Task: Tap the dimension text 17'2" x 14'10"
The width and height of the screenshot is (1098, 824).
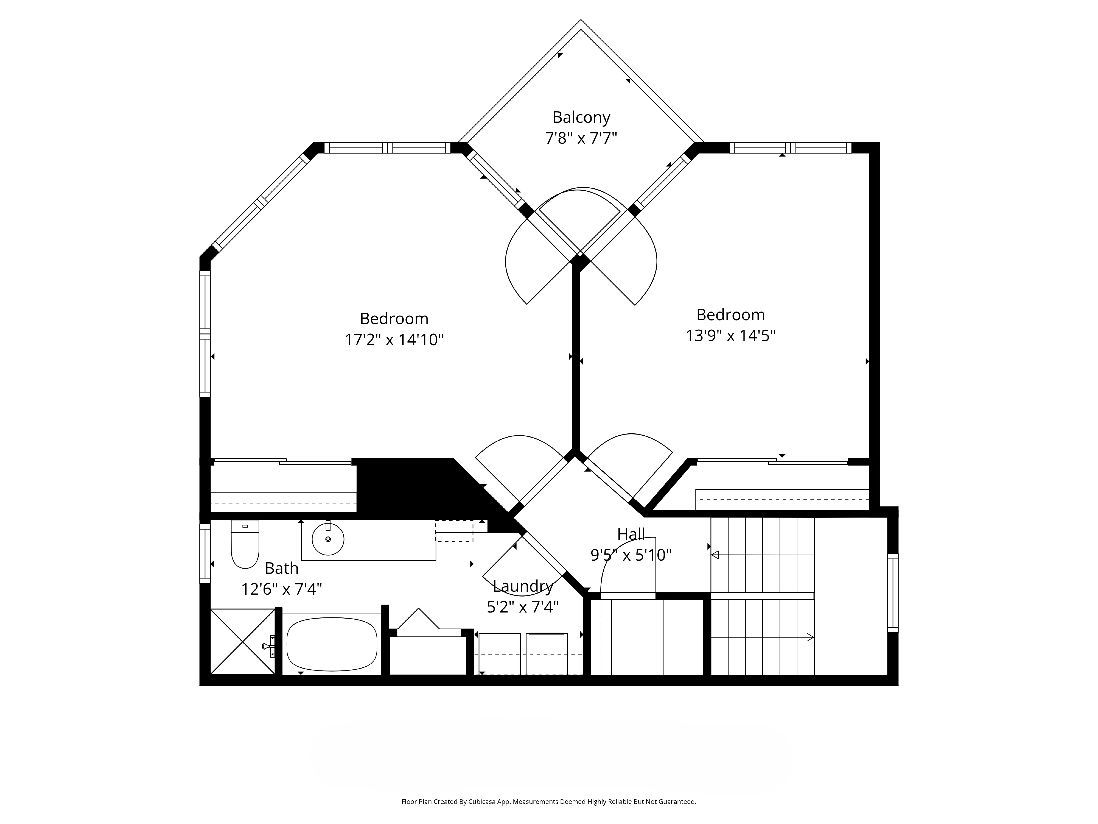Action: tap(394, 340)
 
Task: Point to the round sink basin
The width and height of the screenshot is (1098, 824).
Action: tap(328, 539)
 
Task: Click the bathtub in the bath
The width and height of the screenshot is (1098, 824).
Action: tap(332, 644)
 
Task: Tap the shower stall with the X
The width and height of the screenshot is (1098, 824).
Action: tap(243, 642)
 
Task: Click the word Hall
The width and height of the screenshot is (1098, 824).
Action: tap(631, 534)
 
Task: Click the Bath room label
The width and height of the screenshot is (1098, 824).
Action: tap(281, 568)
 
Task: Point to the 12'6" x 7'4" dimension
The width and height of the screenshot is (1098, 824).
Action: tap(281, 590)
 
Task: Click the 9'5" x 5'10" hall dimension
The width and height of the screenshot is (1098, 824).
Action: tap(631, 555)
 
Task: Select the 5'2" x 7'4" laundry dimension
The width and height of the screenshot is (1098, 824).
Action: tap(523, 607)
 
